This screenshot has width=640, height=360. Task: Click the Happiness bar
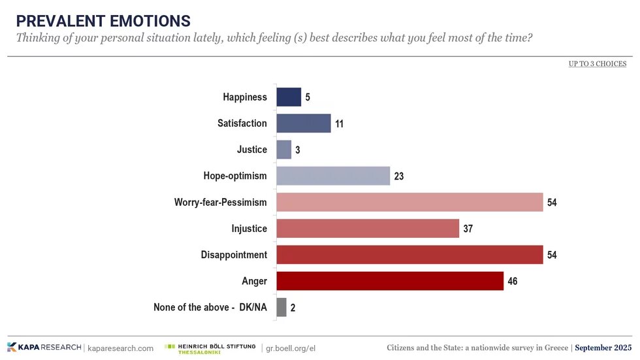pos(289,97)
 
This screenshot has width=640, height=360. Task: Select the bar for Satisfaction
pos(304,123)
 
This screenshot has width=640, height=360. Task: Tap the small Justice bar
pos(284,150)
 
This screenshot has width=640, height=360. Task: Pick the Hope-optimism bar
pos(333,176)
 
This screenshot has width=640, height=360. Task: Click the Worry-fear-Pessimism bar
pos(409,203)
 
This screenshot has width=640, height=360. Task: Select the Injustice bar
pos(368,229)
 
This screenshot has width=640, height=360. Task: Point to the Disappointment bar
pos(409,255)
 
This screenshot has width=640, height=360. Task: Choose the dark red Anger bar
pos(390,281)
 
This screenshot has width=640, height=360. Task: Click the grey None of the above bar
pos(281,307)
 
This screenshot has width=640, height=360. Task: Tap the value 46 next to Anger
pos(513,282)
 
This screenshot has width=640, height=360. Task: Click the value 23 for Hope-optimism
pos(400,176)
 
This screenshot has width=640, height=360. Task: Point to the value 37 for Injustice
pos(469,229)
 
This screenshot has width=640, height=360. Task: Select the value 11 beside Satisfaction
pos(340,124)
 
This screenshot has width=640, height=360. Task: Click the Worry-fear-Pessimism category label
pos(220,203)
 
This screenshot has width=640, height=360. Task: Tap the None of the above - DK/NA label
pos(210,307)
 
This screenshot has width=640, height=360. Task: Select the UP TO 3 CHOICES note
pos(597,63)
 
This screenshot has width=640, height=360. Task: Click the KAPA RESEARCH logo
pos(44,348)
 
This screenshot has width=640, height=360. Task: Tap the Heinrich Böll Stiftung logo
pos(210,348)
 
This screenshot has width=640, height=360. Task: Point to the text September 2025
pos(603,348)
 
